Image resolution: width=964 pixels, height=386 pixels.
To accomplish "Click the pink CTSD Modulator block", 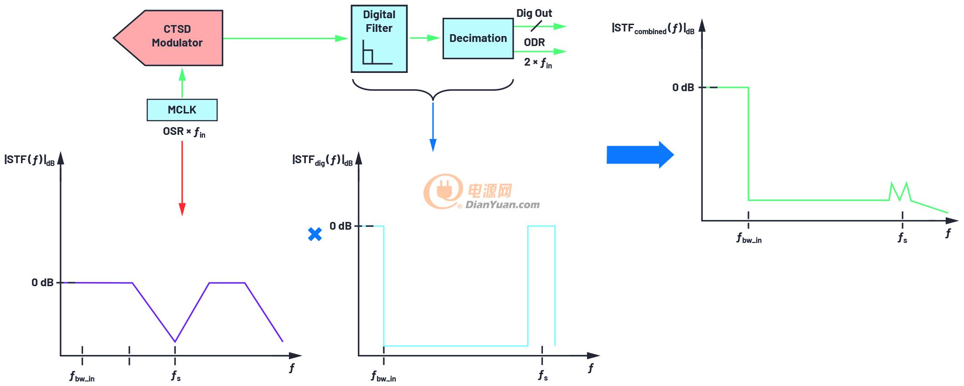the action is click(173, 38).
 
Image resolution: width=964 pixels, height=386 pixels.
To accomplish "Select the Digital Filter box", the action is click(379, 39).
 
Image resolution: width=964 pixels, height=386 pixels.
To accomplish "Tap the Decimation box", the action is click(478, 38).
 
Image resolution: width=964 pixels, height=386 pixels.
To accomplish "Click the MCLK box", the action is click(182, 110).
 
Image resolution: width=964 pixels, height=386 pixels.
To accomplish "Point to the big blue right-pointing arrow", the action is click(640, 155).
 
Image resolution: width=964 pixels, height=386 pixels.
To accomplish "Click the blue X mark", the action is click(315, 234).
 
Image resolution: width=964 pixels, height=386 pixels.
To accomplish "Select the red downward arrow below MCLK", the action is click(182, 178).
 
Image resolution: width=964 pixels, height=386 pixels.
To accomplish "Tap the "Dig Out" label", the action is click(534, 13).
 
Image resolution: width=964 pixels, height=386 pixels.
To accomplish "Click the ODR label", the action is click(534, 42).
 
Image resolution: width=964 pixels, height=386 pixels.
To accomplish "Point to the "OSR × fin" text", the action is click(184, 132).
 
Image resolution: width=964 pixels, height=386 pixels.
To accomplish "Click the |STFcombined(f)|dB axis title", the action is click(653, 28).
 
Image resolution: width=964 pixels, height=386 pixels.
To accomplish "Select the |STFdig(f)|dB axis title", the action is click(322, 160).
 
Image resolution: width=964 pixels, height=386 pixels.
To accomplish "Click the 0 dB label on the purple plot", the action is click(42, 283).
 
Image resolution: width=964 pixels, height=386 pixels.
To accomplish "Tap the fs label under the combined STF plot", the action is click(902, 238).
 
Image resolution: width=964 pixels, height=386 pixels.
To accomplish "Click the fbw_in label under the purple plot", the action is click(82, 376).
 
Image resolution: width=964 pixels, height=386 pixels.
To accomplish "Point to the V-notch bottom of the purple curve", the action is click(175, 341).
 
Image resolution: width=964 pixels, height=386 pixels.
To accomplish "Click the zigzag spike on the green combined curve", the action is click(900, 191).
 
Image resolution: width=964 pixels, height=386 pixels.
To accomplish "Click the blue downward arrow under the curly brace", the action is click(433, 127).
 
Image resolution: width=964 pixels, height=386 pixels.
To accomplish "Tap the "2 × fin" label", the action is click(538, 62).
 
